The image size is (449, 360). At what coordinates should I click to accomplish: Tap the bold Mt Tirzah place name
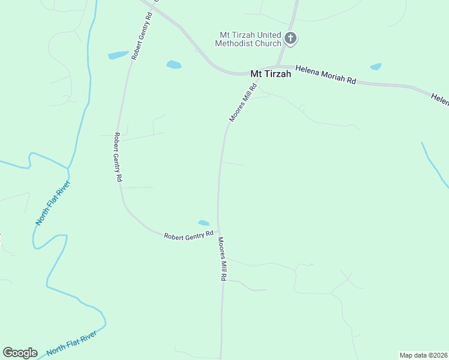[270, 74]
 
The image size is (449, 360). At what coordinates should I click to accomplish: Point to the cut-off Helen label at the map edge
[439, 98]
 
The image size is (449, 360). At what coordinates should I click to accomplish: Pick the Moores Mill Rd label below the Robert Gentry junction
[222, 259]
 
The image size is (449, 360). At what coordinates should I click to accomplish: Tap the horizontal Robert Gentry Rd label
[189, 235]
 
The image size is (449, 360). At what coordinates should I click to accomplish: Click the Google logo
[20, 353]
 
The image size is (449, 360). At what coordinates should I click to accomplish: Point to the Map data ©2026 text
[423, 355]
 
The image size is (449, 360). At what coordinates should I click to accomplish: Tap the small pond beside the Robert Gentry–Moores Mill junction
[204, 223]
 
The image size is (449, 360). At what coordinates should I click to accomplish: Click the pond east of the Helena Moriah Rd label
[376, 67]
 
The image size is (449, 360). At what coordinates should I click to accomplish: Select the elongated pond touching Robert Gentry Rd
[118, 55]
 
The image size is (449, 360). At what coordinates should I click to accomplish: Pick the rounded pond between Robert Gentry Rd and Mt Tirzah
[173, 64]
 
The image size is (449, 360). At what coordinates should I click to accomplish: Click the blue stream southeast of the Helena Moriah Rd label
[433, 164]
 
